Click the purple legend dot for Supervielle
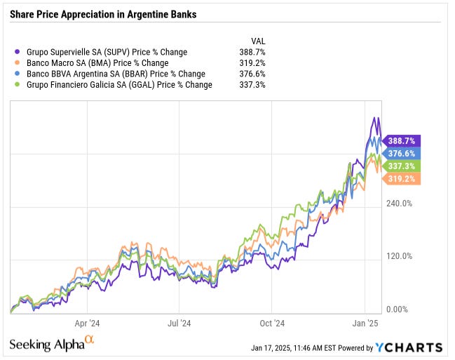click(16, 52)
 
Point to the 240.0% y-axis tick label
click(400, 204)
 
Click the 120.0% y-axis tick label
click(400, 256)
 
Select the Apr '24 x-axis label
click(87, 324)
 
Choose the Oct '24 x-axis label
click(271, 324)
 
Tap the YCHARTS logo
click(408, 347)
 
